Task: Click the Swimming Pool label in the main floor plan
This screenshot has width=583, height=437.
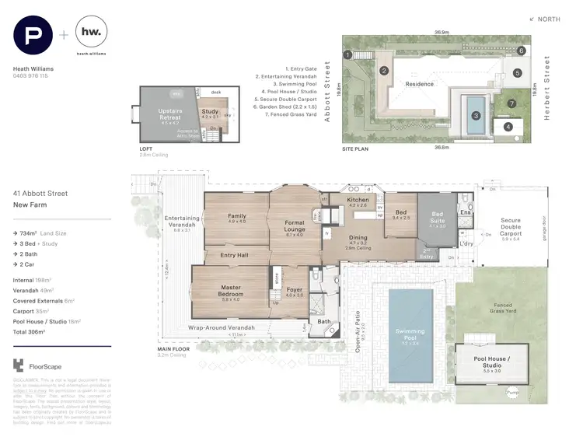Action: point(410,334)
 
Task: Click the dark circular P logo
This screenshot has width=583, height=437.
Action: point(33,36)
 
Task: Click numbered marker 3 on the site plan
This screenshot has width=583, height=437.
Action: point(474,115)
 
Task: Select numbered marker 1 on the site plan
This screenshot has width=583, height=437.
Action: point(349,54)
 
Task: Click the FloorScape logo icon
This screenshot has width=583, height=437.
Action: point(19,365)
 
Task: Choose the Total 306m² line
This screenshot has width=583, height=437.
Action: point(31,332)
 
